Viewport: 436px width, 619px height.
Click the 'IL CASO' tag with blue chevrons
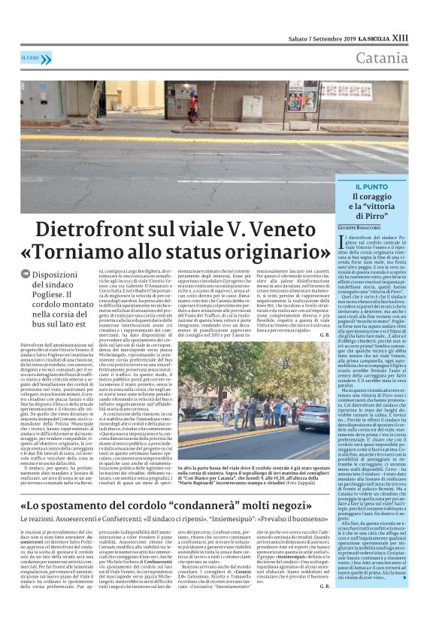click(x=36, y=59)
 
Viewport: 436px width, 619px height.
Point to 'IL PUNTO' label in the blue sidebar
click(x=374, y=185)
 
